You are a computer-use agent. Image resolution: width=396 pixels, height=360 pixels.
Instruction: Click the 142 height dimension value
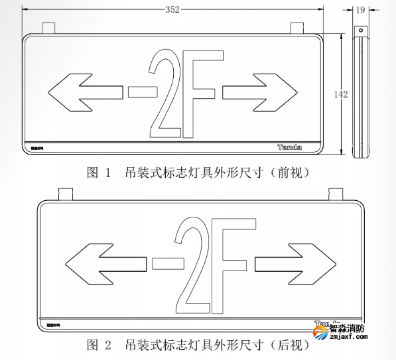tap(340, 94)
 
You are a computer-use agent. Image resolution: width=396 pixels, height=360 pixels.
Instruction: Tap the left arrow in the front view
tap(84, 92)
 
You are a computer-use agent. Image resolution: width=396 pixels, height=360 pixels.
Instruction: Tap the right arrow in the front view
tap(259, 92)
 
